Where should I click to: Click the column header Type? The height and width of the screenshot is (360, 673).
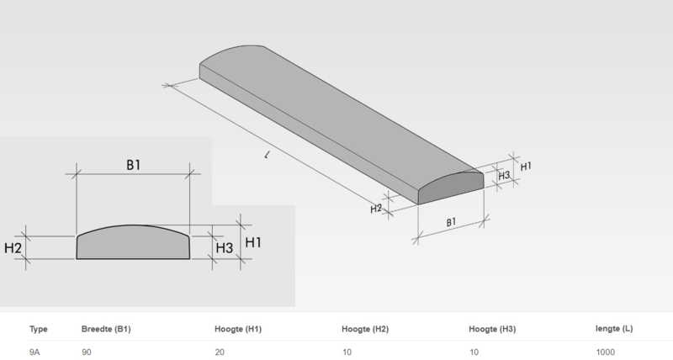38,329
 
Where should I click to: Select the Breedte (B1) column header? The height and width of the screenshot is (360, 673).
106,329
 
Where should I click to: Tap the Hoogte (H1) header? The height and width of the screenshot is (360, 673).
238,329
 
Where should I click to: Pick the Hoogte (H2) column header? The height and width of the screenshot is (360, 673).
365,329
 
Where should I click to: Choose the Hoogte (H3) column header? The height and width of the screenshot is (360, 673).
492,329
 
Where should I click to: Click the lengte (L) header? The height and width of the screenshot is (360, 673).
614,329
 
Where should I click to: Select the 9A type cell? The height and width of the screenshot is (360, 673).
34,352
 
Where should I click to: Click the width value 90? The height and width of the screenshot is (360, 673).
87,352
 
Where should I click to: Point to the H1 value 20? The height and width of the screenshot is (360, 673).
220,352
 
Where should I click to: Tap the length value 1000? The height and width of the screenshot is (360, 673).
605,352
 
